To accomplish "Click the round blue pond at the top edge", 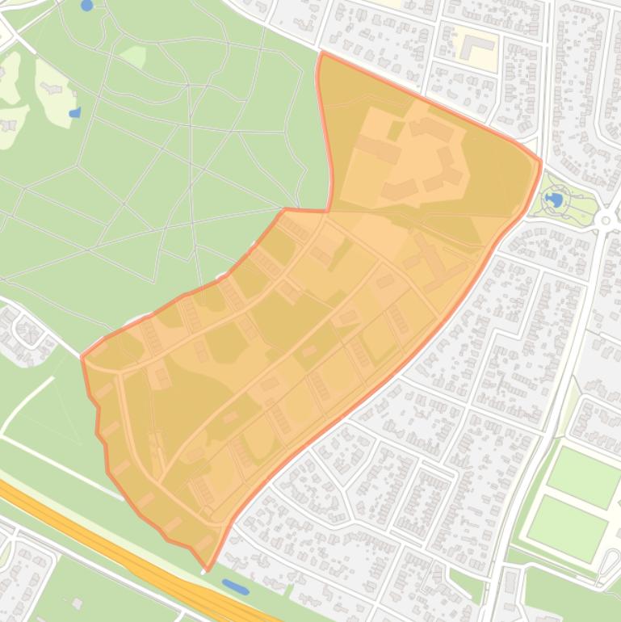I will coord(87,6).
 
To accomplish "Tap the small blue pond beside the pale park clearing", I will coord(75,113).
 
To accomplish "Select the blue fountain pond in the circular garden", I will coord(554,199).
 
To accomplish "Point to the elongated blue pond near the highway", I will coord(236,586).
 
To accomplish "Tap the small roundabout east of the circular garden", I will coord(606,219).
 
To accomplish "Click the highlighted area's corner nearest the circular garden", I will coord(540,162).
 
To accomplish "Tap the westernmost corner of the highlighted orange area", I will coord(82,356).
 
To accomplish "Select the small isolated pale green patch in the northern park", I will coord(133,56).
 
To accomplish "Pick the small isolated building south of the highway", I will coord(78,603).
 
